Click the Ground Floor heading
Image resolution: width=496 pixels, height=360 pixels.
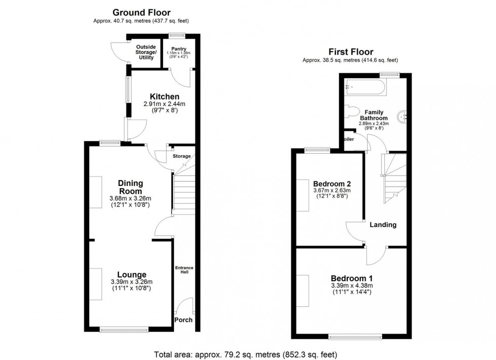141,13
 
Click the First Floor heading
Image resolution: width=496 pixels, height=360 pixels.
351,52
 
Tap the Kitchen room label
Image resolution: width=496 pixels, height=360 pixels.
164,97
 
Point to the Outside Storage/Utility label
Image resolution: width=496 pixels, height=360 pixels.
146,52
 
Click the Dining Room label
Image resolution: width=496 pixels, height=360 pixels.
131,187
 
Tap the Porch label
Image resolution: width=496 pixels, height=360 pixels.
183,320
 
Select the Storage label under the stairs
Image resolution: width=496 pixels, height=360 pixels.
182,156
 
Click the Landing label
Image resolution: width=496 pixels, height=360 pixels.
383,224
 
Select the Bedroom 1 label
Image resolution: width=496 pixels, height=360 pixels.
352,278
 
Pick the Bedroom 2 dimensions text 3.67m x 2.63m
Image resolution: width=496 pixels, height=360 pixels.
332,191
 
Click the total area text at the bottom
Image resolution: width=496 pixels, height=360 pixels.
245,354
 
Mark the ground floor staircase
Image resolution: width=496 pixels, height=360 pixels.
184,192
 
